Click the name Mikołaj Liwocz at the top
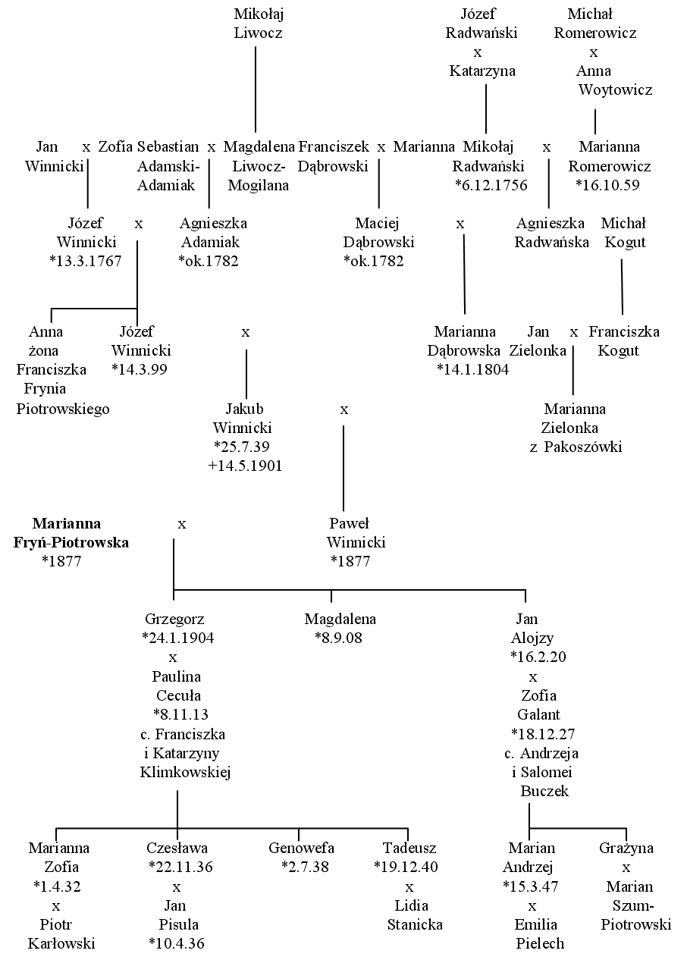258,24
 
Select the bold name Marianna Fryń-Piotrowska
71,532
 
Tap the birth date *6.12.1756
491,185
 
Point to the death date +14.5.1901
245,466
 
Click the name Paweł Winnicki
356,532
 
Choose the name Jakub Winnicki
243,419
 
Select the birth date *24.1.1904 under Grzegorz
178,638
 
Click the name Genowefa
301,848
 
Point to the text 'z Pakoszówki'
576,447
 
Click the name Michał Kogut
624,233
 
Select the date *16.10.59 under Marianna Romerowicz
607,185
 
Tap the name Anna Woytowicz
614,80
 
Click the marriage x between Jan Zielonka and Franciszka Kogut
574,333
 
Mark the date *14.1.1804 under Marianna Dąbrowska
472,370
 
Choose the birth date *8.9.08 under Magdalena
339,638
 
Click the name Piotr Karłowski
61,933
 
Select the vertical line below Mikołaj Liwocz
256,89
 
